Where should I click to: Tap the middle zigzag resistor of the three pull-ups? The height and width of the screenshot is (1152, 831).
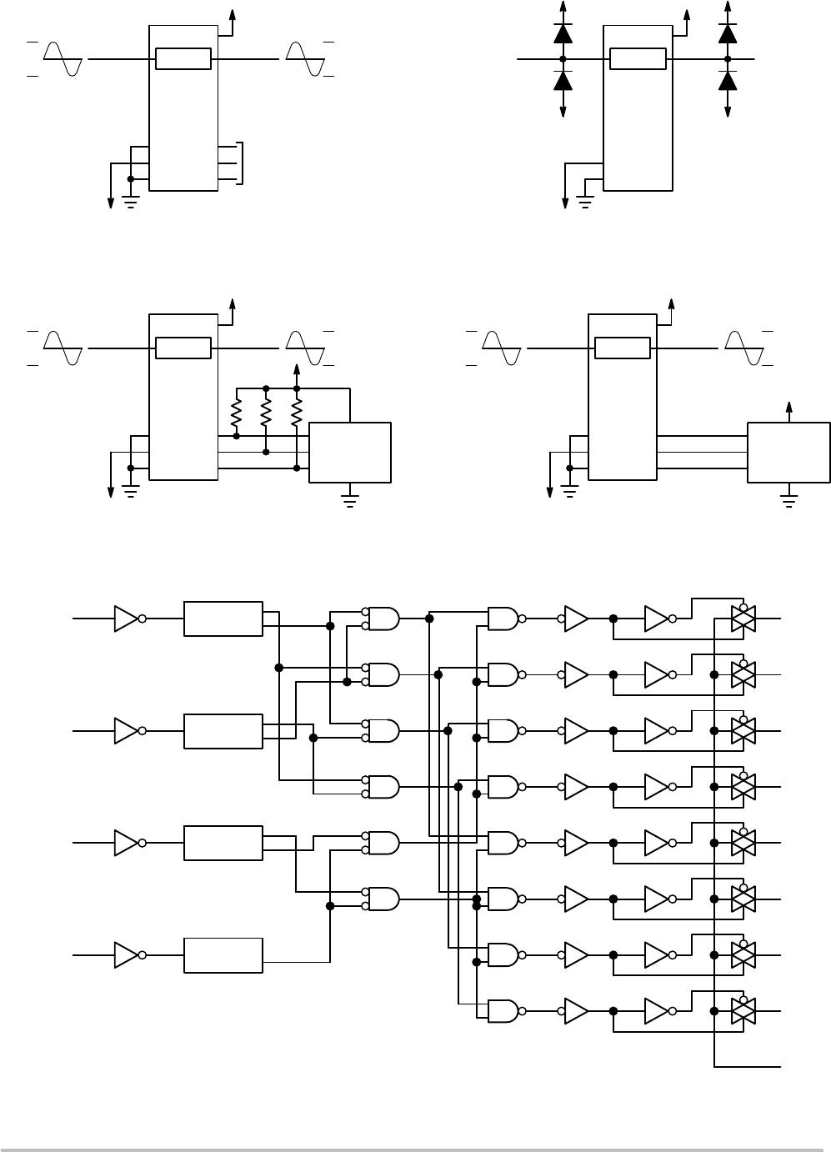[x=266, y=411]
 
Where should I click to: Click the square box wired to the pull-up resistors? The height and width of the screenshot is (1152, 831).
[x=350, y=452]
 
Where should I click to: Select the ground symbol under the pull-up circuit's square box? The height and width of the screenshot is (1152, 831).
[x=350, y=501]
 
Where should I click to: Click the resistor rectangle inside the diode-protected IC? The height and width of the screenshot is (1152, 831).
[x=638, y=58]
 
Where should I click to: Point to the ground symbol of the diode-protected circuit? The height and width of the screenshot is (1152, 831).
[x=584, y=200]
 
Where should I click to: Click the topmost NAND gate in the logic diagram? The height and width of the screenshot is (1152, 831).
[x=503, y=619]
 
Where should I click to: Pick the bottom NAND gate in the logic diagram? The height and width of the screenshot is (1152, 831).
[x=503, y=1011]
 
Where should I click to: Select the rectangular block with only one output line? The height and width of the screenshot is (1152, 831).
[x=223, y=955]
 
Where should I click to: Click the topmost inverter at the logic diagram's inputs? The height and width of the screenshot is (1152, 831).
[x=126, y=619]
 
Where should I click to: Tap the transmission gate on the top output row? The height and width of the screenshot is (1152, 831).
[x=743, y=619]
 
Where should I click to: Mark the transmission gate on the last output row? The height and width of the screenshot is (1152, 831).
[x=743, y=1011]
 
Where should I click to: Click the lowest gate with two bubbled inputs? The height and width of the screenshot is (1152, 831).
[x=383, y=899]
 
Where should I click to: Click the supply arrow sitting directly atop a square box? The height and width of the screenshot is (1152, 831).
[x=789, y=409]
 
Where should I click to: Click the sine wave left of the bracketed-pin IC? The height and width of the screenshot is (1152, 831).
[x=63, y=58]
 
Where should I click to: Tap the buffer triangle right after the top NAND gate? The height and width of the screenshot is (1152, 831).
[x=576, y=619]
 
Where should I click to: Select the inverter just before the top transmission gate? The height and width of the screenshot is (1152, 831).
[x=657, y=619]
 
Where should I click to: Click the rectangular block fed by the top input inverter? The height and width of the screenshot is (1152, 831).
[x=223, y=619]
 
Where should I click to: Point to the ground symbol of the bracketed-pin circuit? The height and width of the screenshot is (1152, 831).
[x=130, y=200]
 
